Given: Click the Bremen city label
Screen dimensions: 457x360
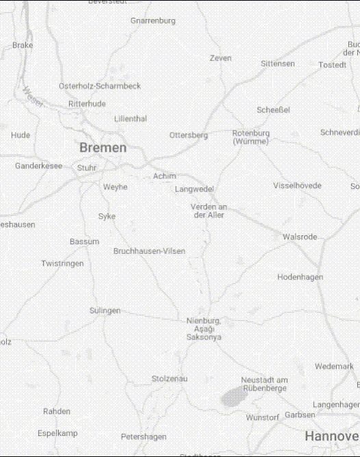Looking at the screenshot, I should [103, 148].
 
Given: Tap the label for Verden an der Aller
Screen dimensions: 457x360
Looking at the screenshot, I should [209, 211].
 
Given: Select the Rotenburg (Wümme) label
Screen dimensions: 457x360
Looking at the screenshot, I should [250, 137].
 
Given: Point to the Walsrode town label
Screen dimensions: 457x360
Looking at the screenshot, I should [300, 237].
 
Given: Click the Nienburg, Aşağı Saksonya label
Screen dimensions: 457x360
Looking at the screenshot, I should [203, 328].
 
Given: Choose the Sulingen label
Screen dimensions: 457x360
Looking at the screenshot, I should [105, 311].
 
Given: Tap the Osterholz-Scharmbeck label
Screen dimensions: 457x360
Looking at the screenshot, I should [100, 86].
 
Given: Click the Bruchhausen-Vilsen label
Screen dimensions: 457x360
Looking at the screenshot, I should [149, 251].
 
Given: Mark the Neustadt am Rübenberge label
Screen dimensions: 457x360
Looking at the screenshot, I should [264, 384].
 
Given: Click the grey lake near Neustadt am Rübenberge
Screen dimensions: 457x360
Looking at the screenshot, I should [235, 396].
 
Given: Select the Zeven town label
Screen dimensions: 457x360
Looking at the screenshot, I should [220, 58].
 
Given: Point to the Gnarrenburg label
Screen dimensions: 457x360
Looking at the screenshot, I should [153, 21].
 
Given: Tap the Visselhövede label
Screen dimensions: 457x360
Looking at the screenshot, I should [297, 185].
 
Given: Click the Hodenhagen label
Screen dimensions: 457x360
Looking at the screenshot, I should [300, 277].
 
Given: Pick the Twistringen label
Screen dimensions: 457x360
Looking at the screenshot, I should [62, 263].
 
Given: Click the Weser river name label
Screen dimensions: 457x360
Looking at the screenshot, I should [31, 95].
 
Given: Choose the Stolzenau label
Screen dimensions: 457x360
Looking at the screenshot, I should [169, 378].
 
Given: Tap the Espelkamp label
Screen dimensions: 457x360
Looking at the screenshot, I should [57, 433].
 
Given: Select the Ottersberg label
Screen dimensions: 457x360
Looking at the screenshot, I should [188, 135].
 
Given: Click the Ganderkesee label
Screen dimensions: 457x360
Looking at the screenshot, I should [38, 166].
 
